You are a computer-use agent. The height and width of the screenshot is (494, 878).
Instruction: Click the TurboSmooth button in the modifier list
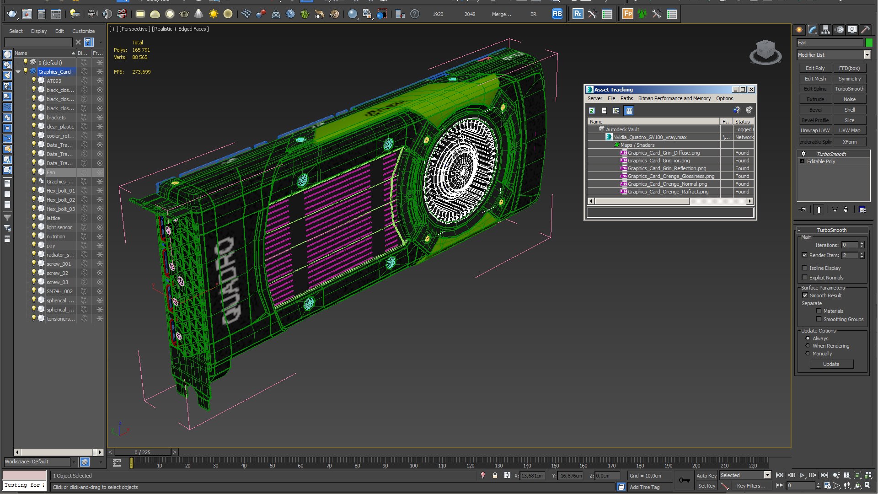point(849,89)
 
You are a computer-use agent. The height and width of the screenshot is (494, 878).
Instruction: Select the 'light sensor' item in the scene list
point(59,227)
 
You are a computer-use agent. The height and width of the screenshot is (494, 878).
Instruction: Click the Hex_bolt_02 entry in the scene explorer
point(60,200)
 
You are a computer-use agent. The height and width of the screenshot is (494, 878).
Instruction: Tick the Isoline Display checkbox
point(804,268)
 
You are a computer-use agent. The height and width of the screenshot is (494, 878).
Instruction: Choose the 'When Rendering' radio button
point(808,346)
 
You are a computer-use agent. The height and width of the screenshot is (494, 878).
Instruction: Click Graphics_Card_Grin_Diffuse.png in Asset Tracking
point(663,153)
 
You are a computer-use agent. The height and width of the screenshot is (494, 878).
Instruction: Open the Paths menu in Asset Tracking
point(626,98)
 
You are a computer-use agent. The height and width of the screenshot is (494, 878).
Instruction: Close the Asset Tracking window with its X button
point(751,90)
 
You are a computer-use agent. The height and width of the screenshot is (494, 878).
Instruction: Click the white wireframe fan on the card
point(460,169)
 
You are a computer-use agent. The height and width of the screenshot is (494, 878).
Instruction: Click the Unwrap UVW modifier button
point(815,130)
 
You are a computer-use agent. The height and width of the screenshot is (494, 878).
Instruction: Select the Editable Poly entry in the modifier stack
point(820,161)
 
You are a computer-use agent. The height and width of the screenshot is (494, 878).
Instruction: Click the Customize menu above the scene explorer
point(83,31)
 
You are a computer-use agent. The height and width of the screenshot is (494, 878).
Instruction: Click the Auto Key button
point(706,476)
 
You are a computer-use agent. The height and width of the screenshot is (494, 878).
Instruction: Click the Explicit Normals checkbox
point(804,278)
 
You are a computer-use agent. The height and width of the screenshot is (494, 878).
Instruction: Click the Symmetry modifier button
point(849,79)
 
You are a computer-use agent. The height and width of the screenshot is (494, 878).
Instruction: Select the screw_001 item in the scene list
point(59,264)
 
